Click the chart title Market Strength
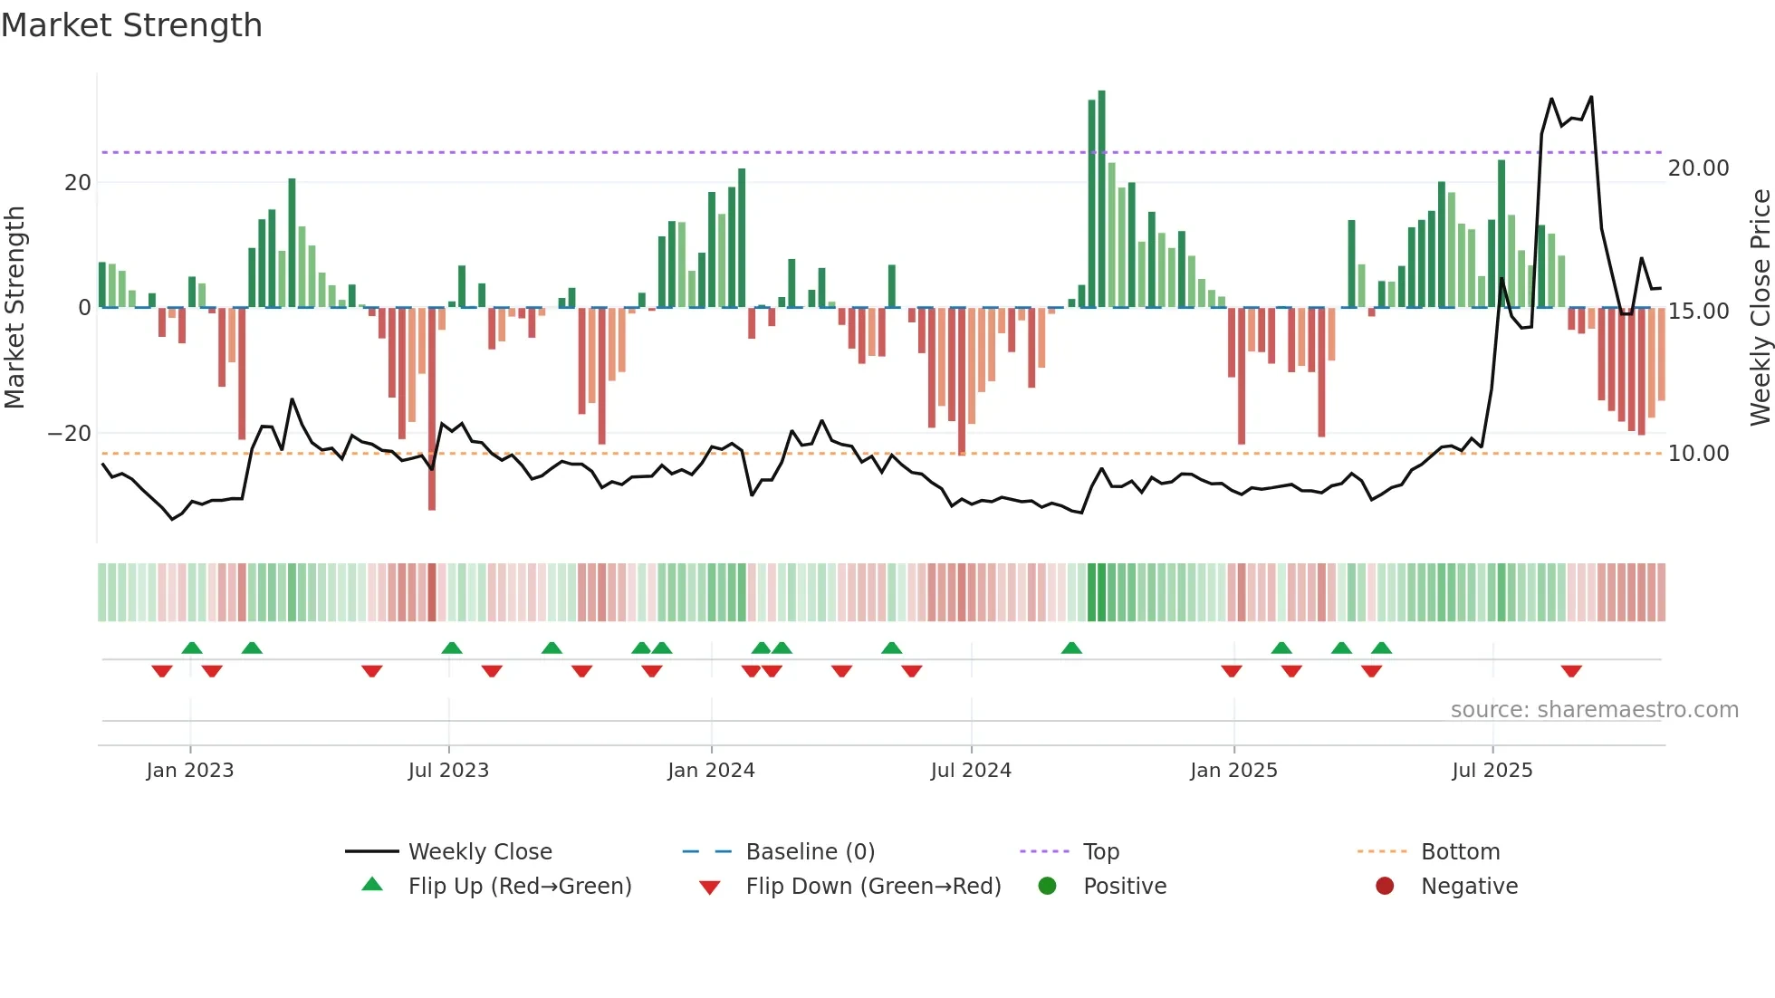tap(132, 25)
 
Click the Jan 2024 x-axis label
tap(711, 771)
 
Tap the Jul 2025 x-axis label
tap(1492, 771)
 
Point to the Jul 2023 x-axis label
tap(448, 771)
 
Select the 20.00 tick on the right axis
tap(1698, 168)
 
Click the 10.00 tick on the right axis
tap(1698, 454)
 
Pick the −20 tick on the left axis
tap(70, 434)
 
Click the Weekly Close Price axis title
tap(1760, 308)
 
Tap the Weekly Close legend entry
tap(479, 852)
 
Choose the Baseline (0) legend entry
tap(810, 852)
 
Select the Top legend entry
tap(1101, 852)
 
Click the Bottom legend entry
tap(1460, 852)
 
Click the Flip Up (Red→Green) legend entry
tap(519, 887)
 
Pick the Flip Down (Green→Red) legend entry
tap(873, 887)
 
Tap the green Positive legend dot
tap(1048, 887)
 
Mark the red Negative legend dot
tap(1385, 887)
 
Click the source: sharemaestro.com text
tap(1594, 710)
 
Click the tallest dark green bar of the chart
tap(1101, 199)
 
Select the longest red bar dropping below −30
tap(432, 408)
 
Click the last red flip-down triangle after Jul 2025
tap(1571, 671)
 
